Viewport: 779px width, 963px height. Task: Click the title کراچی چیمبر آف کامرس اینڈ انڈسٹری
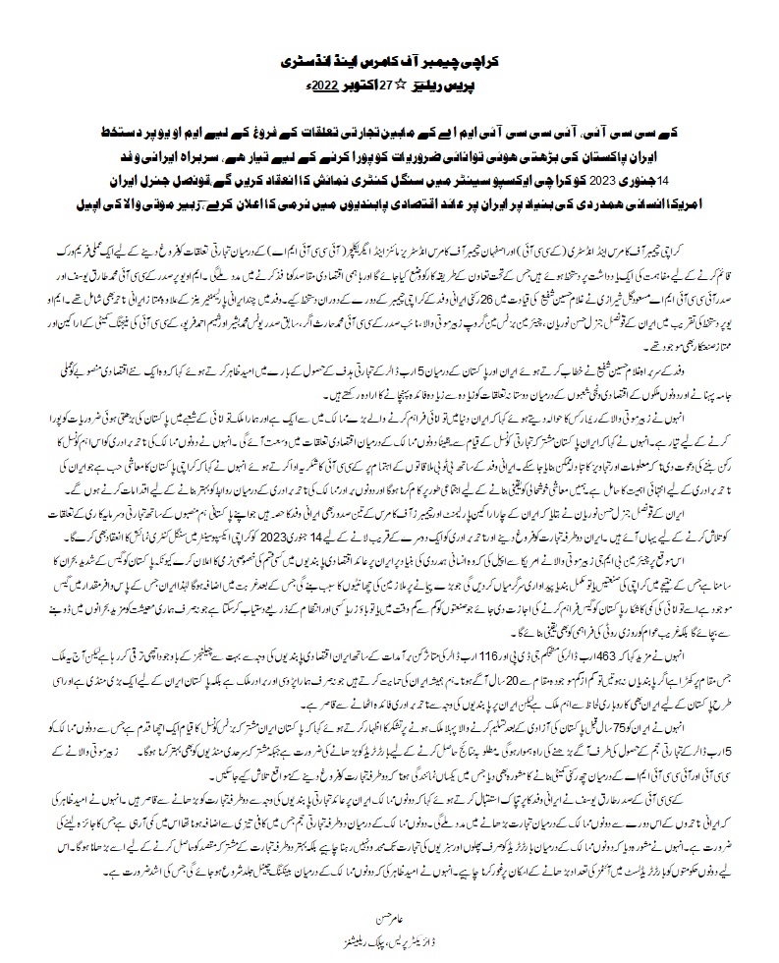coord(390,60)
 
